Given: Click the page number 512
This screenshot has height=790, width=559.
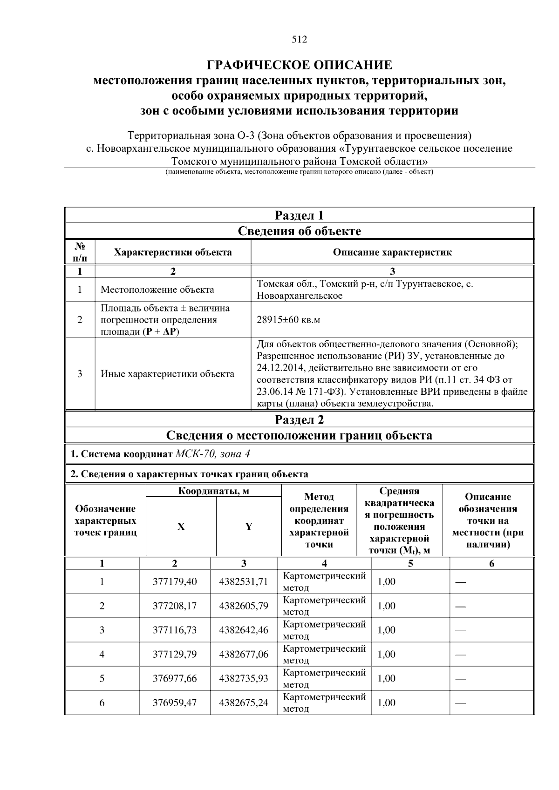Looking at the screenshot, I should click(299, 40).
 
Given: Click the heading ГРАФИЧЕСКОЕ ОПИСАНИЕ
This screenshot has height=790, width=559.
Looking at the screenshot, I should click(299, 65).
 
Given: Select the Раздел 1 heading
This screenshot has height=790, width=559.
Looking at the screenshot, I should click(299, 216).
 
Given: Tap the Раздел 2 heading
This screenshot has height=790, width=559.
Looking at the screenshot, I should click(299, 420).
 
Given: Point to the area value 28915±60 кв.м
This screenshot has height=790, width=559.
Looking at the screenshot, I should click(288, 320).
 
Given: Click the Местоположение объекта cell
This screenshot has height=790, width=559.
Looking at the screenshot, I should click(157, 290).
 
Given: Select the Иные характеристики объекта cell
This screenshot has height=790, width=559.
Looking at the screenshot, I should click(167, 374).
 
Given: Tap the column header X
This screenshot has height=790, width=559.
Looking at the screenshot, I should click(181, 527).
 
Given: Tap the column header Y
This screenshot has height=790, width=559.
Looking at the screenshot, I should click(249, 527).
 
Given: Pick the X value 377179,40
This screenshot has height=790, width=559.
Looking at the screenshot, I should click(175, 581).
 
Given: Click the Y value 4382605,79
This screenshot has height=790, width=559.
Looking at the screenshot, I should click(244, 606).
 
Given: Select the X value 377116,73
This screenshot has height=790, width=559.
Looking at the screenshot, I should click(175, 630).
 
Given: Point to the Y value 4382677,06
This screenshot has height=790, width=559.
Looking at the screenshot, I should click(244, 654).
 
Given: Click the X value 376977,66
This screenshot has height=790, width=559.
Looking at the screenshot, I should click(175, 678).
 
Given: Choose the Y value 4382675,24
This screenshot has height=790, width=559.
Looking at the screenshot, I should click(244, 702).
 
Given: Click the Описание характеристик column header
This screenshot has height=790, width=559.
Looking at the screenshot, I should click(392, 252).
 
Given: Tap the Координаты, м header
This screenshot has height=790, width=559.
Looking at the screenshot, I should click(214, 491).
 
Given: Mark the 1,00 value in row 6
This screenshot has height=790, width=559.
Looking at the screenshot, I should click(386, 702).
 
